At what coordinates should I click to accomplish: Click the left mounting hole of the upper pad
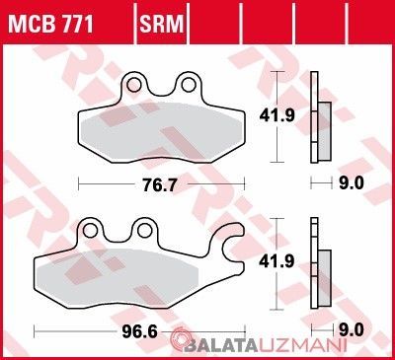(x=141, y=87)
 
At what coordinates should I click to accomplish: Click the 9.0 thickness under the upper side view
(x=353, y=182)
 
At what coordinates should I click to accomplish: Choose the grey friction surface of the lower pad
(x=128, y=279)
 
